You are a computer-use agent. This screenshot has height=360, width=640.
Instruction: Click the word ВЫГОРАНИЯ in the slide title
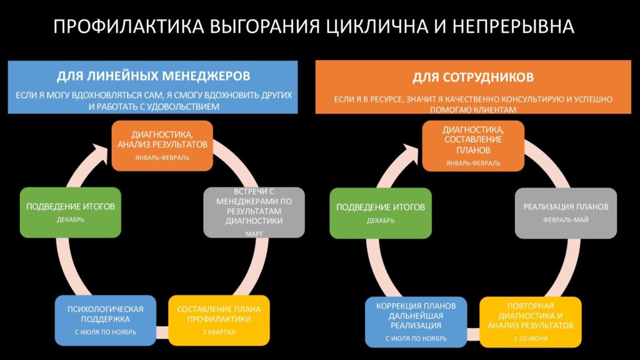click(267, 26)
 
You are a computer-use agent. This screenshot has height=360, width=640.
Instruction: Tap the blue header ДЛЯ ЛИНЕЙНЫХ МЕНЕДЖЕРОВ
click(153, 76)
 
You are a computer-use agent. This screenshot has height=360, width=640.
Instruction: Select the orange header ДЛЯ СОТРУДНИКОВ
click(472, 77)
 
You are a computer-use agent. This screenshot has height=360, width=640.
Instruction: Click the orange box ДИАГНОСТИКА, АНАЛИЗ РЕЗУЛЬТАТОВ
click(162, 146)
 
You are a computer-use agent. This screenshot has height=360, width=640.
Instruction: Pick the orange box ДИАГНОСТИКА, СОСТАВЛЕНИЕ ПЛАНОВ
click(472, 146)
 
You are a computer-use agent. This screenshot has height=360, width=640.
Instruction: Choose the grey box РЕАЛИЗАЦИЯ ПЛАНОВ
click(566, 212)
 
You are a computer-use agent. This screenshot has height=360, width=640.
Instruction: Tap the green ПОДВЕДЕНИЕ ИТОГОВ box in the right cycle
click(381, 212)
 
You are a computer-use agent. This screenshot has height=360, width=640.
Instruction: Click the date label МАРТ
click(254, 234)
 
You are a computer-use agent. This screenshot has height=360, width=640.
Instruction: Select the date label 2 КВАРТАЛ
click(219, 332)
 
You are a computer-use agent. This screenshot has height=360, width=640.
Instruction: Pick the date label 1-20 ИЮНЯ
click(531, 338)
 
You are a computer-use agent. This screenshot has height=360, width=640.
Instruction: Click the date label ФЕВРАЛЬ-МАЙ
click(566, 220)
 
